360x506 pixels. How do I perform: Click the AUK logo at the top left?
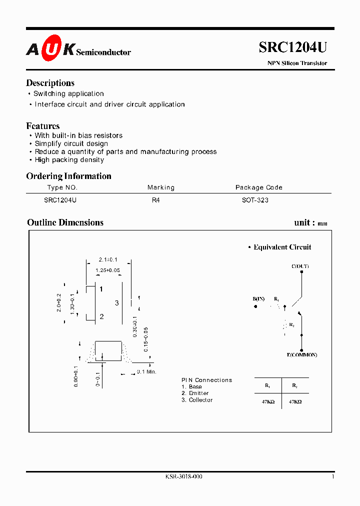(x=50, y=49)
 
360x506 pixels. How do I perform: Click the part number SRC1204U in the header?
(x=293, y=47)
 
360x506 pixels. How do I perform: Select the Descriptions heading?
(x=50, y=83)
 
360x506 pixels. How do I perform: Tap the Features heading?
(x=43, y=126)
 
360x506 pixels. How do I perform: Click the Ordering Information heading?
(x=68, y=176)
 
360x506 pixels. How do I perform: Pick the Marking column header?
(x=161, y=187)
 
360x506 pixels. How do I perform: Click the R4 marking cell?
(x=155, y=199)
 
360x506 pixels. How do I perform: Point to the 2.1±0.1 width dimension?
(x=107, y=260)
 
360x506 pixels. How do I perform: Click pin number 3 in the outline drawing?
(x=117, y=303)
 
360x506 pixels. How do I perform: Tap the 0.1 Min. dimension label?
(x=147, y=372)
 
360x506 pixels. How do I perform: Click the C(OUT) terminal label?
(x=300, y=266)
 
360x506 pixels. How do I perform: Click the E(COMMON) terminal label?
(x=301, y=355)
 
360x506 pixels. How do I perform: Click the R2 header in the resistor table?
(x=294, y=385)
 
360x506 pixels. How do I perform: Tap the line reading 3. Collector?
(x=197, y=400)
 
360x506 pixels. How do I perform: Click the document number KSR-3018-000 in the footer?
(x=183, y=477)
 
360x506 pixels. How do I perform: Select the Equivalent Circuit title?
(x=282, y=247)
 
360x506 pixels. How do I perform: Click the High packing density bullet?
(x=69, y=160)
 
